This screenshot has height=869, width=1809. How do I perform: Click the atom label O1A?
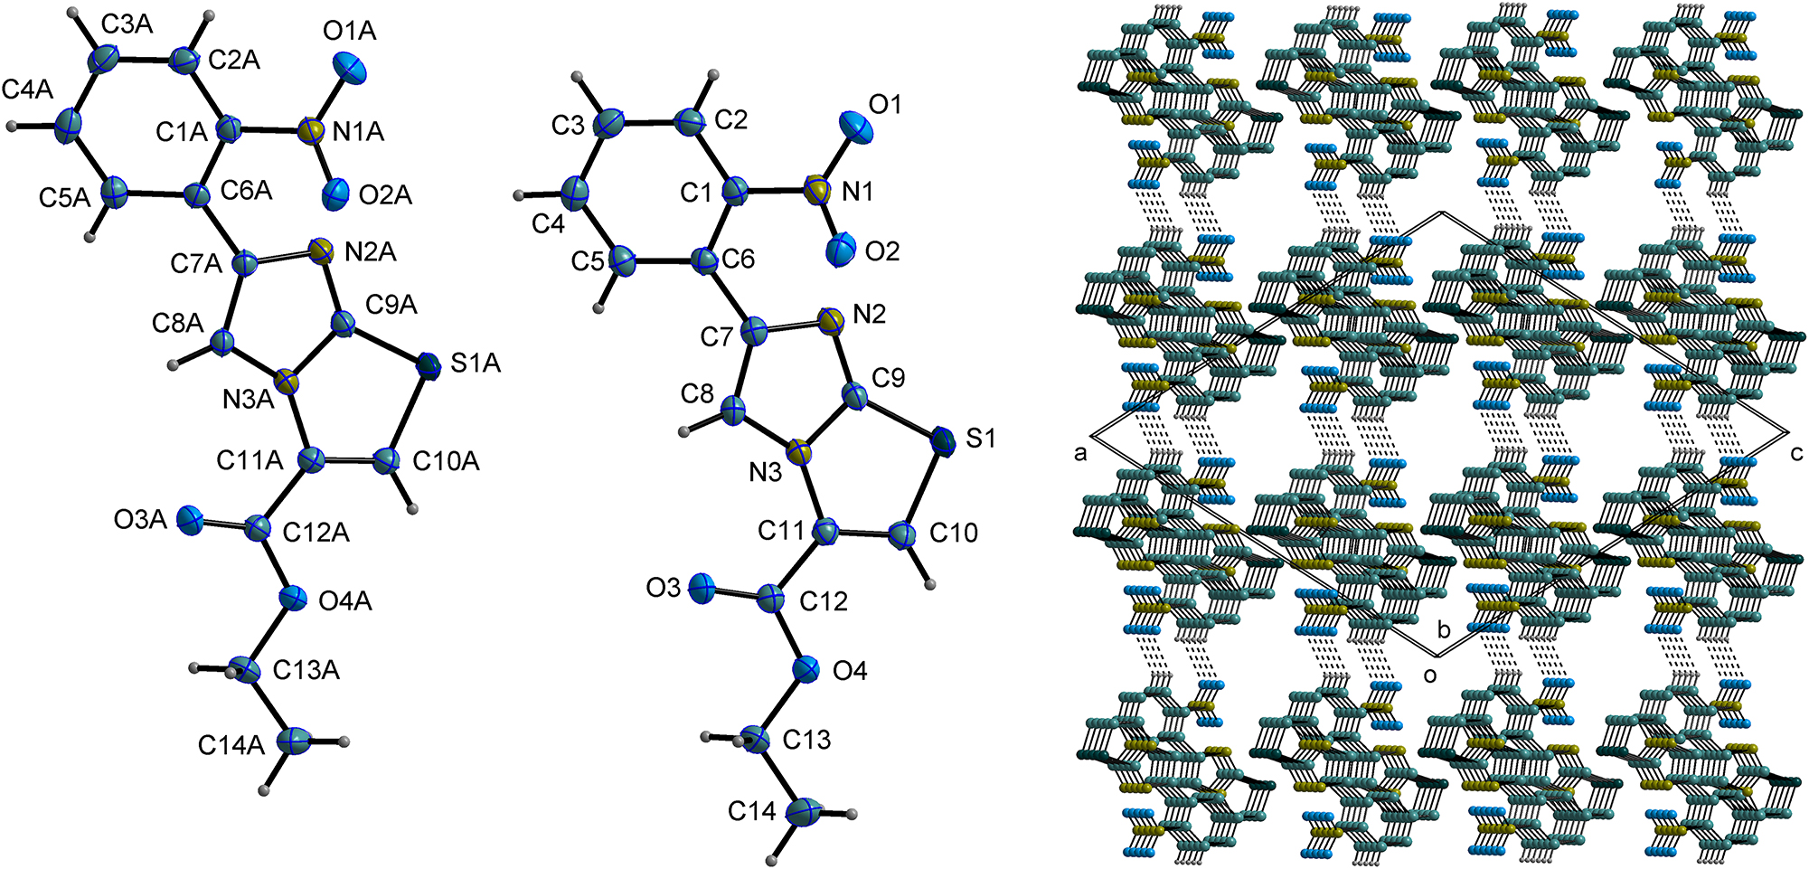pos(349,32)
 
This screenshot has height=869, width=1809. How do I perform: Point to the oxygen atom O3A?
pos(192,520)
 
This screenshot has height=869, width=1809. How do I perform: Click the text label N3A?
pos(249,400)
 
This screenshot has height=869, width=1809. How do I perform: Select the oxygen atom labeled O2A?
pos(334,192)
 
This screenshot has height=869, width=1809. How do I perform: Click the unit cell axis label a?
pos(1080,454)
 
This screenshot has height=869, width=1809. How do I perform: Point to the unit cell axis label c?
pos(1796,453)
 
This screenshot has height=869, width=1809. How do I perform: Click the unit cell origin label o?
pos(1430,675)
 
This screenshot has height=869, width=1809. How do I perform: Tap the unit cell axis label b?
pos(1445,628)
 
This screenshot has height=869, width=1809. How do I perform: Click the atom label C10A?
pos(446,461)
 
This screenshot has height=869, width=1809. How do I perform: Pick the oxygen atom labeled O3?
pos(702,590)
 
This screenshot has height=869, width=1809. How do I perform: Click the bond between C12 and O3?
pos(736,594)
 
